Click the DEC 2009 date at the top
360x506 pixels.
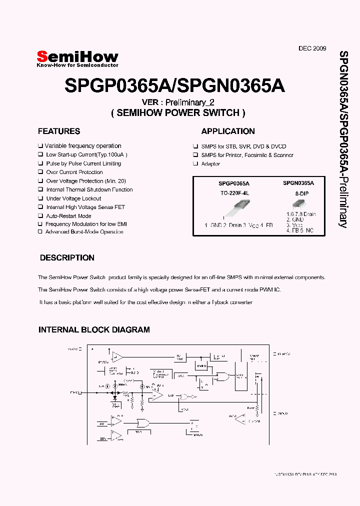coord(312,48)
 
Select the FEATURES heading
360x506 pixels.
coord(59,131)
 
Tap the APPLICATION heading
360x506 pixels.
coord(228,131)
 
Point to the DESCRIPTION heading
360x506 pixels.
coord(67,258)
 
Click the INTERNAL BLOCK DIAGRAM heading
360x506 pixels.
coord(94,330)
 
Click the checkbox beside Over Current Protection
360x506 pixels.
coord(40,172)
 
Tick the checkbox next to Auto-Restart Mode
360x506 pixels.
coord(40,216)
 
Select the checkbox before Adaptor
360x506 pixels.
coord(195,164)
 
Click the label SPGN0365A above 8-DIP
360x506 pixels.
coord(298,183)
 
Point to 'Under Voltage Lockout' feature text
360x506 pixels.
coord(73,198)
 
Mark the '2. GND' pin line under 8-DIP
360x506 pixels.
coord(295,219)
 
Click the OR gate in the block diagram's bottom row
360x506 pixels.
coord(142,423)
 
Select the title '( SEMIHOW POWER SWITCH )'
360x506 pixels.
coord(178,113)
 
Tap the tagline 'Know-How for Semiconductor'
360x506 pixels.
coord(78,65)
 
